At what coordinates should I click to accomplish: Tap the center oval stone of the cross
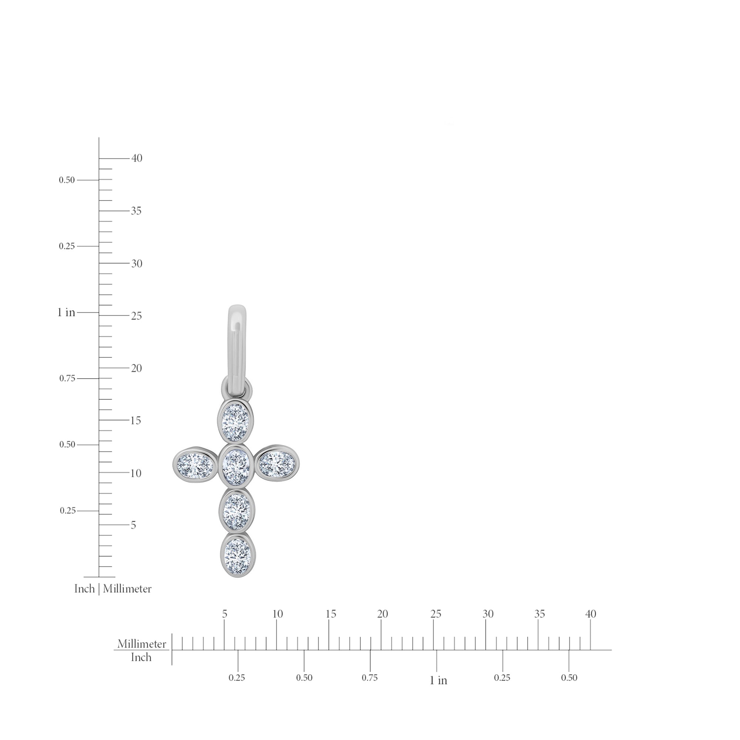click(x=236, y=465)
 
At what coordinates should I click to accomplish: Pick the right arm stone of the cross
click(x=277, y=464)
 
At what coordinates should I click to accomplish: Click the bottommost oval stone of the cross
click(x=238, y=556)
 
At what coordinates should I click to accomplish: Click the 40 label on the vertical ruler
click(x=137, y=158)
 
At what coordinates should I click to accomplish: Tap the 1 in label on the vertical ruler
click(x=66, y=313)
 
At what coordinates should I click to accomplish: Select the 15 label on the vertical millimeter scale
click(x=135, y=421)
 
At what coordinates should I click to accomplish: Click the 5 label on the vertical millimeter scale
click(x=133, y=525)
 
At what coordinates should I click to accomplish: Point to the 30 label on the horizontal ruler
click(x=488, y=614)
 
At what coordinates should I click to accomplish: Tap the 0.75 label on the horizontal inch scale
click(x=370, y=678)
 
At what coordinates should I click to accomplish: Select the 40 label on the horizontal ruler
click(x=591, y=614)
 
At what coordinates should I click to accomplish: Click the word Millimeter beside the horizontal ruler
click(x=142, y=644)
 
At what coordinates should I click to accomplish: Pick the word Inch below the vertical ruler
click(x=84, y=589)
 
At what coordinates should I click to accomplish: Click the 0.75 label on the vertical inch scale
click(x=67, y=379)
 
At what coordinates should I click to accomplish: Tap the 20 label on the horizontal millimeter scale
click(x=382, y=614)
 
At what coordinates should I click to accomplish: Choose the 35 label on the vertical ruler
click(x=136, y=211)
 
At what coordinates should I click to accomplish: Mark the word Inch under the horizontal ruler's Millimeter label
click(x=141, y=657)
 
